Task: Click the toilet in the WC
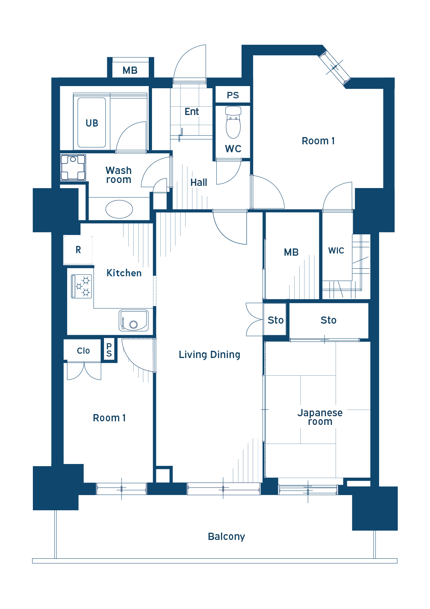point(233,122)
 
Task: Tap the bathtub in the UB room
point(91,123)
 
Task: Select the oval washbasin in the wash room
point(119,209)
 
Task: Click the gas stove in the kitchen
point(82,286)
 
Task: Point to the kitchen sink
point(134,320)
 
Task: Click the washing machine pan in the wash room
point(73,167)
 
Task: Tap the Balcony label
point(226,536)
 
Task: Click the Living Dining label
point(209,354)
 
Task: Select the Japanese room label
point(320,417)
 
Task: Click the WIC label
point(336,250)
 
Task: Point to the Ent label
point(192,111)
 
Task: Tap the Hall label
point(199,182)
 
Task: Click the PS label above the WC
point(233,95)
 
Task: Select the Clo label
point(83,351)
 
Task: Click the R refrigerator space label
point(78,250)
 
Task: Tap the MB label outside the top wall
point(130,71)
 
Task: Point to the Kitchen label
point(124,273)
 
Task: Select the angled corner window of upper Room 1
point(334,67)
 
